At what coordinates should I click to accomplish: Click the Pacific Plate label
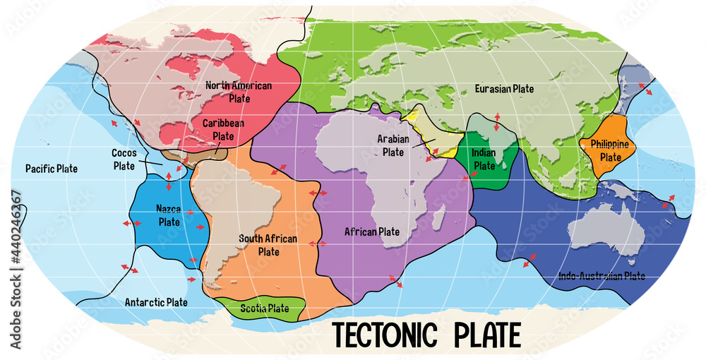click(x=51, y=169)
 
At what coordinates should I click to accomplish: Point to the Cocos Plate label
click(x=124, y=159)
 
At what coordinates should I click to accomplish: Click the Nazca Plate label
click(x=169, y=215)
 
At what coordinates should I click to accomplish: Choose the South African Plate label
click(x=268, y=245)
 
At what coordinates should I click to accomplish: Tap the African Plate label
click(x=371, y=232)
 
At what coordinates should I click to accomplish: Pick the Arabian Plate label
click(x=393, y=145)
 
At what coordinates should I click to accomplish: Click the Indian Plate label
click(x=484, y=159)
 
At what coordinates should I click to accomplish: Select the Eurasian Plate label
click(x=504, y=89)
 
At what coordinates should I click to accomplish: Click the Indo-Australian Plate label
click(x=601, y=276)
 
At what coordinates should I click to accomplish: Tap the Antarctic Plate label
click(x=156, y=302)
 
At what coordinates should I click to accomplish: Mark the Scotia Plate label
click(x=264, y=308)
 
